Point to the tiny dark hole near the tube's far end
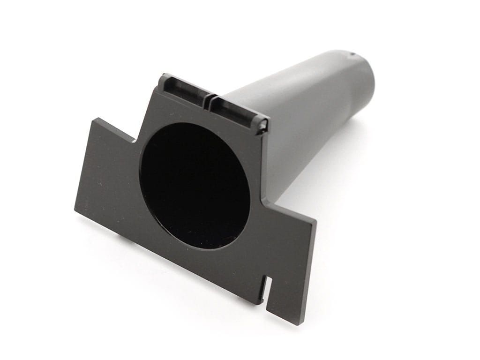point(352,54)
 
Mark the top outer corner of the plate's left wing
point(93,119)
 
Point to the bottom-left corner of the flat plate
point(75,209)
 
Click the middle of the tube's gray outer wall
point(309,117)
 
